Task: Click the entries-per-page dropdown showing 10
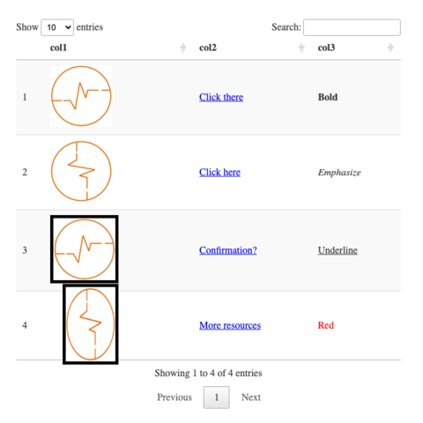click(x=57, y=27)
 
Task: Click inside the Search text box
click(x=352, y=27)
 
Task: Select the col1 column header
click(x=58, y=48)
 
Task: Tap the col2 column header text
click(x=208, y=48)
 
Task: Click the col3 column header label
click(x=326, y=48)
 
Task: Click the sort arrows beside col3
click(x=390, y=48)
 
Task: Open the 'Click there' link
click(x=221, y=97)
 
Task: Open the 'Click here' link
click(x=219, y=172)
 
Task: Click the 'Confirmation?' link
click(x=228, y=250)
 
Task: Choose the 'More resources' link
click(x=230, y=325)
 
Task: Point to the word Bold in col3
click(x=328, y=97)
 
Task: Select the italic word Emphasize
click(x=339, y=173)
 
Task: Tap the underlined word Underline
click(x=338, y=250)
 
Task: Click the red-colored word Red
click(x=326, y=325)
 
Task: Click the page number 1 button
click(x=217, y=397)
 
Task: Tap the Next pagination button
click(x=251, y=397)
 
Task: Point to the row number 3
click(x=25, y=250)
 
